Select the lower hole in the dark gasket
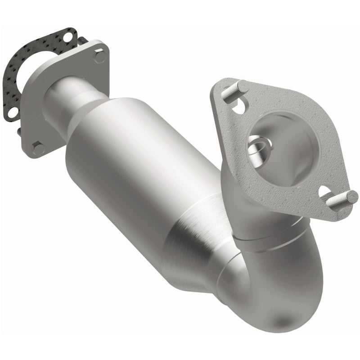point(13,111)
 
